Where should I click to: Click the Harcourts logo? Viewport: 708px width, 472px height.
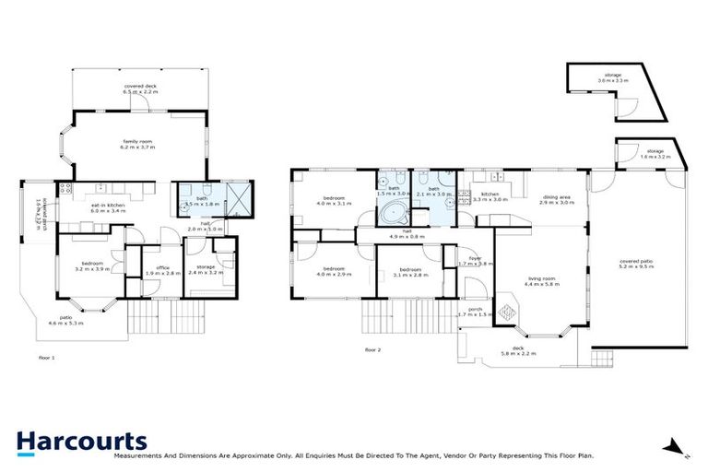coord(81,442)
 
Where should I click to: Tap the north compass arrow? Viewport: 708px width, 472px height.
coord(679,449)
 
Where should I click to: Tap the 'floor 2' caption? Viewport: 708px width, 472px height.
coord(372,350)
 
